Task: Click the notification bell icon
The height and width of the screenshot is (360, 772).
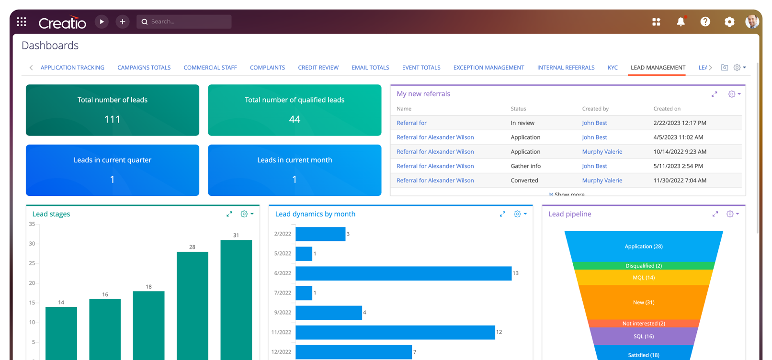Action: pos(681,22)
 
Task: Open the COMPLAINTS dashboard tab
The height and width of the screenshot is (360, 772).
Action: pos(267,67)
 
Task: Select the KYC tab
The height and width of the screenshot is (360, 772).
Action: pos(613,67)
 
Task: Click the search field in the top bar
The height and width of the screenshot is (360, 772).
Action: pos(184,22)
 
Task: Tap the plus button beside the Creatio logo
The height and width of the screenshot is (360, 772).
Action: pos(123,22)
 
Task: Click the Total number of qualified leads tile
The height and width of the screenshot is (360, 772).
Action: pos(295,110)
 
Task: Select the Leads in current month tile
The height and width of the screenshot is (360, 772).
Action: pos(295,170)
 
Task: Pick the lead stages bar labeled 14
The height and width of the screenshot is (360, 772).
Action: pos(61,332)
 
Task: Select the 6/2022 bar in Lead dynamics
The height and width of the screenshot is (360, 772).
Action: pos(403,273)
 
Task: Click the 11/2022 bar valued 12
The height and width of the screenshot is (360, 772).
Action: pos(395,332)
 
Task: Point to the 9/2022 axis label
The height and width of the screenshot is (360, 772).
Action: pos(283,313)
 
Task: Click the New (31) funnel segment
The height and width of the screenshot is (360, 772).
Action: pos(644,303)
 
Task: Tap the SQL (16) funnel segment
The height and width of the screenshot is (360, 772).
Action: pos(644,337)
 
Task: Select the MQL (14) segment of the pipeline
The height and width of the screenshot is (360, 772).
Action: pos(644,278)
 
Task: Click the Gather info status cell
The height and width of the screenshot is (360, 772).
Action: pos(525,166)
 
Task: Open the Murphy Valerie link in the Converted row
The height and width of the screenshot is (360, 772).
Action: pos(602,180)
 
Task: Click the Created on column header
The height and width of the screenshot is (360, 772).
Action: pos(667,109)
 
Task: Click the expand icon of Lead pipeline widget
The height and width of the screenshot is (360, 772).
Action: pos(715,214)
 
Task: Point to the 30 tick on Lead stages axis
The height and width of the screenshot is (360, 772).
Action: pos(32,244)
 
